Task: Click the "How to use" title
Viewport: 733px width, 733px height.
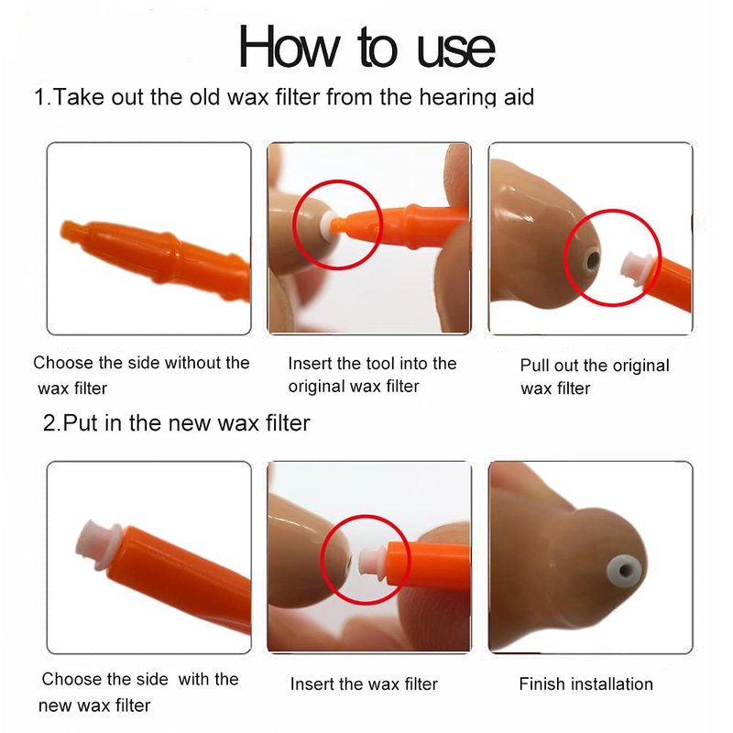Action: coord(367,47)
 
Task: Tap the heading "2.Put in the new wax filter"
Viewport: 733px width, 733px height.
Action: coord(176,422)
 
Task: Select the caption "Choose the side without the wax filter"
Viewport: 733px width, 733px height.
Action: coord(141,375)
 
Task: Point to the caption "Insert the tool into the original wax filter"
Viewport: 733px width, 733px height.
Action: coord(372,375)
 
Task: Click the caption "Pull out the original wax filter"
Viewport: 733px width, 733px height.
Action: coord(595,377)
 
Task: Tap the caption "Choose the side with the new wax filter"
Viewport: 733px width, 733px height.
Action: coord(140,692)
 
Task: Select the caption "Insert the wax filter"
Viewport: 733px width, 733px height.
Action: coord(364,684)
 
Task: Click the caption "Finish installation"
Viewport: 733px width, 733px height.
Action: coord(585,684)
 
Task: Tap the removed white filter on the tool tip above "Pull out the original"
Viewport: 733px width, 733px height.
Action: coord(636,268)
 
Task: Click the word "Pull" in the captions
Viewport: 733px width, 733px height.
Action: coord(535,365)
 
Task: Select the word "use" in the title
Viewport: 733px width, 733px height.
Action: coord(455,50)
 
